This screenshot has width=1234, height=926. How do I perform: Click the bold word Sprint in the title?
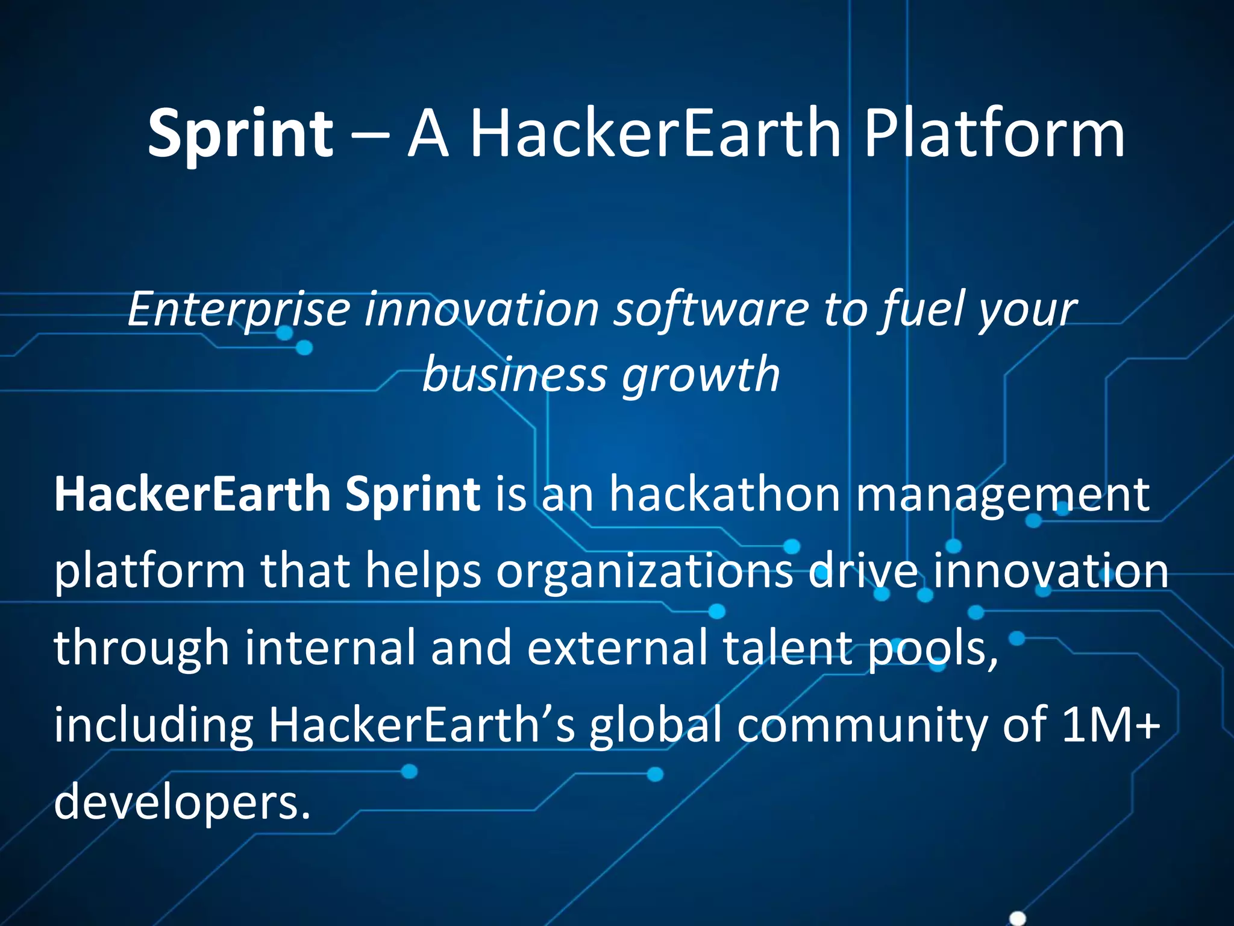coord(240,134)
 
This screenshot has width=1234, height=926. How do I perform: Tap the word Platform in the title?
coord(994,134)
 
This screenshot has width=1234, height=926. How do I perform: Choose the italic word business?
coord(514,375)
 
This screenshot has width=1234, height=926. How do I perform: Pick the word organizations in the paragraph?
coord(645,571)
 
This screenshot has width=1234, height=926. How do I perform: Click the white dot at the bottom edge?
coord(1017,918)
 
